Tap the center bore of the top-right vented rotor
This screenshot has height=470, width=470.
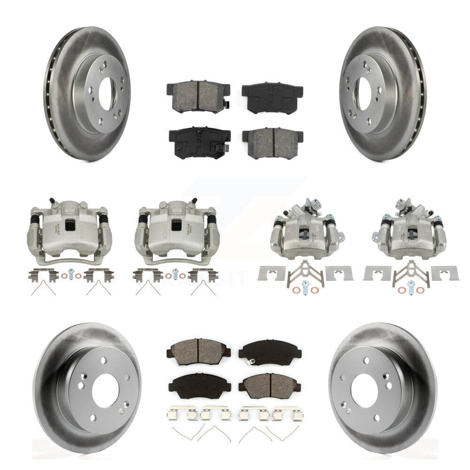click(x=364, y=93)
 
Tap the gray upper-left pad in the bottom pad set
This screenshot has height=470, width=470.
click(x=198, y=350)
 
